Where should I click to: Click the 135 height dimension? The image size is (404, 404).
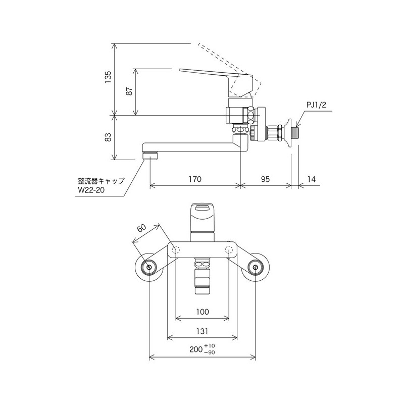point(108,79)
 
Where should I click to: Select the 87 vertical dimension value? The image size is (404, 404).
point(129,91)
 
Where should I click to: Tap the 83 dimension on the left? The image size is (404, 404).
point(108,137)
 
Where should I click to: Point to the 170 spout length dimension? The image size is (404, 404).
point(195,179)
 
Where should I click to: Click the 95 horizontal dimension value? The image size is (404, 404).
point(266,179)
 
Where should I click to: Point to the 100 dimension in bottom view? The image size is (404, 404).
point(202,312)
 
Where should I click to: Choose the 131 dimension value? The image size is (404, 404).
point(202,331)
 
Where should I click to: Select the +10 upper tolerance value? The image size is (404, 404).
point(210,345)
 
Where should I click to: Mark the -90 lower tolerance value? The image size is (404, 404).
point(210,352)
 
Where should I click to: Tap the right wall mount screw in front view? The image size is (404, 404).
point(256,267)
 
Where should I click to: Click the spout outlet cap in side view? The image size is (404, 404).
point(150,155)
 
